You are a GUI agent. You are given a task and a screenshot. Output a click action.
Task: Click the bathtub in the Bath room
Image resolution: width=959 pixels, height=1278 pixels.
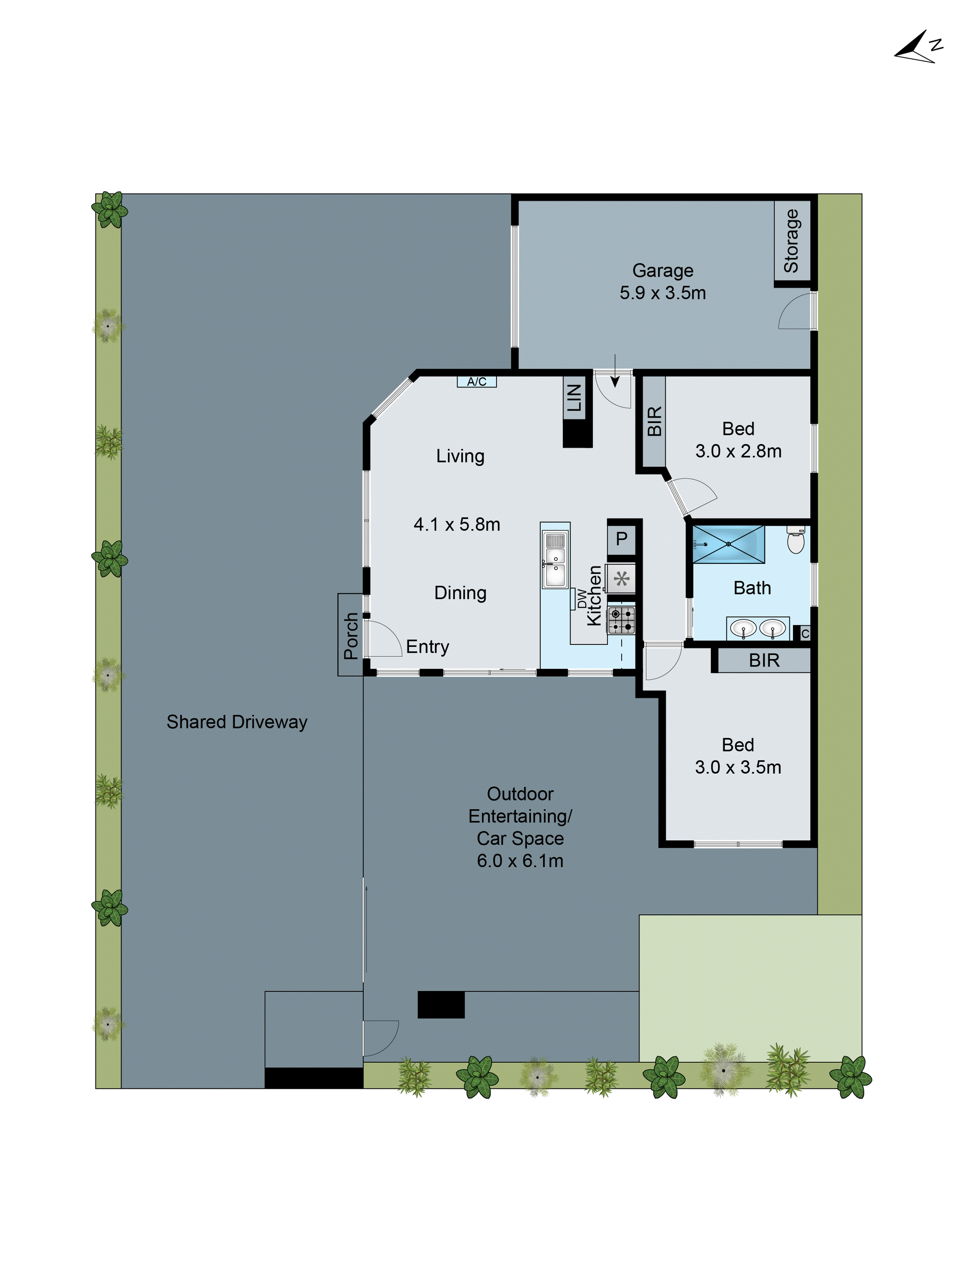point(728,544)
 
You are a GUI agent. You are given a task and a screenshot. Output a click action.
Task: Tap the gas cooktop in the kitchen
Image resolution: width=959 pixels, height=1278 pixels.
point(621,620)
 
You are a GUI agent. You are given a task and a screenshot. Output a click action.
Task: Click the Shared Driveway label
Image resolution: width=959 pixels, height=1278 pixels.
point(237,722)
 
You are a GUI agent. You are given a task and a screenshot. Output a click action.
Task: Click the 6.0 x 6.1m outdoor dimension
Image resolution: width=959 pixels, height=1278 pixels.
point(520,861)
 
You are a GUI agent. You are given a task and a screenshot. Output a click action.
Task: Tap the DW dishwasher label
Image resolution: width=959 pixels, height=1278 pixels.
point(581,599)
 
